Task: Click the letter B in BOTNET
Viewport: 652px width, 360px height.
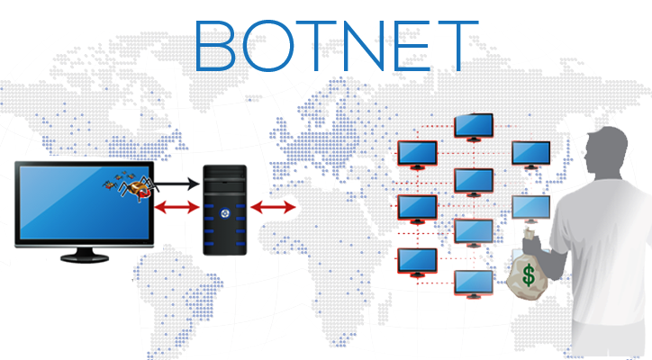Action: click(x=216, y=45)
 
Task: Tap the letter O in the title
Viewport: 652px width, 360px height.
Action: click(x=267, y=45)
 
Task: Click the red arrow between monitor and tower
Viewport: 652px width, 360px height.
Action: click(x=177, y=209)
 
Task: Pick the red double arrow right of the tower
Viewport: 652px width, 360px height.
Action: click(x=273, y=209)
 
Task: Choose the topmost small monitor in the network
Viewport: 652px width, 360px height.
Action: click(x=474, y=125)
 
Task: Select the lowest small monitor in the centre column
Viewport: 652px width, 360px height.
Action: click(x=474, y=282)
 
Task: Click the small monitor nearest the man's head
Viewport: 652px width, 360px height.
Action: click(x=530, y=153)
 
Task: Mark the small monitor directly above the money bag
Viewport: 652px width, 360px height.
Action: click(x=530, y=208)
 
